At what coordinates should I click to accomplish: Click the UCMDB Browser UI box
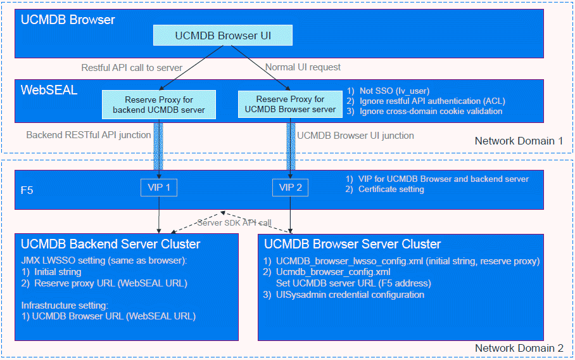tap(223, 35)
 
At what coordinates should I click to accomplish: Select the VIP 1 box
tap(159, 188)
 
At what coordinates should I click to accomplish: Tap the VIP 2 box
tap(291, 188)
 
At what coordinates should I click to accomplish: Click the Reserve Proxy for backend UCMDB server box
tap(159, 105)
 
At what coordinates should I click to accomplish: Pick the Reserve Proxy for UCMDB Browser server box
tap(290, 104)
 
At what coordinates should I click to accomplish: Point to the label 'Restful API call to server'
tap(132, 67)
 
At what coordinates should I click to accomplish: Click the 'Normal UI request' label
tap(303, 67)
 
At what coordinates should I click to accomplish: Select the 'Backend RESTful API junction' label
tap(89, 135)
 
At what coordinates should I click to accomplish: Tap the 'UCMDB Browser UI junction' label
tap(355, 135)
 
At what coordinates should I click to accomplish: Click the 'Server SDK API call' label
tap(234, 222)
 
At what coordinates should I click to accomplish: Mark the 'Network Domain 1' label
tap(519, 141)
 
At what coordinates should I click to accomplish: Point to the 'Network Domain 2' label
tap(519, 349)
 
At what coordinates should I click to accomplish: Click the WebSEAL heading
tap(49, 91)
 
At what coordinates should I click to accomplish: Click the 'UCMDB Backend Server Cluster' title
tap(110, 244)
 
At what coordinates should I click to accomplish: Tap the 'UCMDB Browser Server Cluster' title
tap(352, 244)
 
